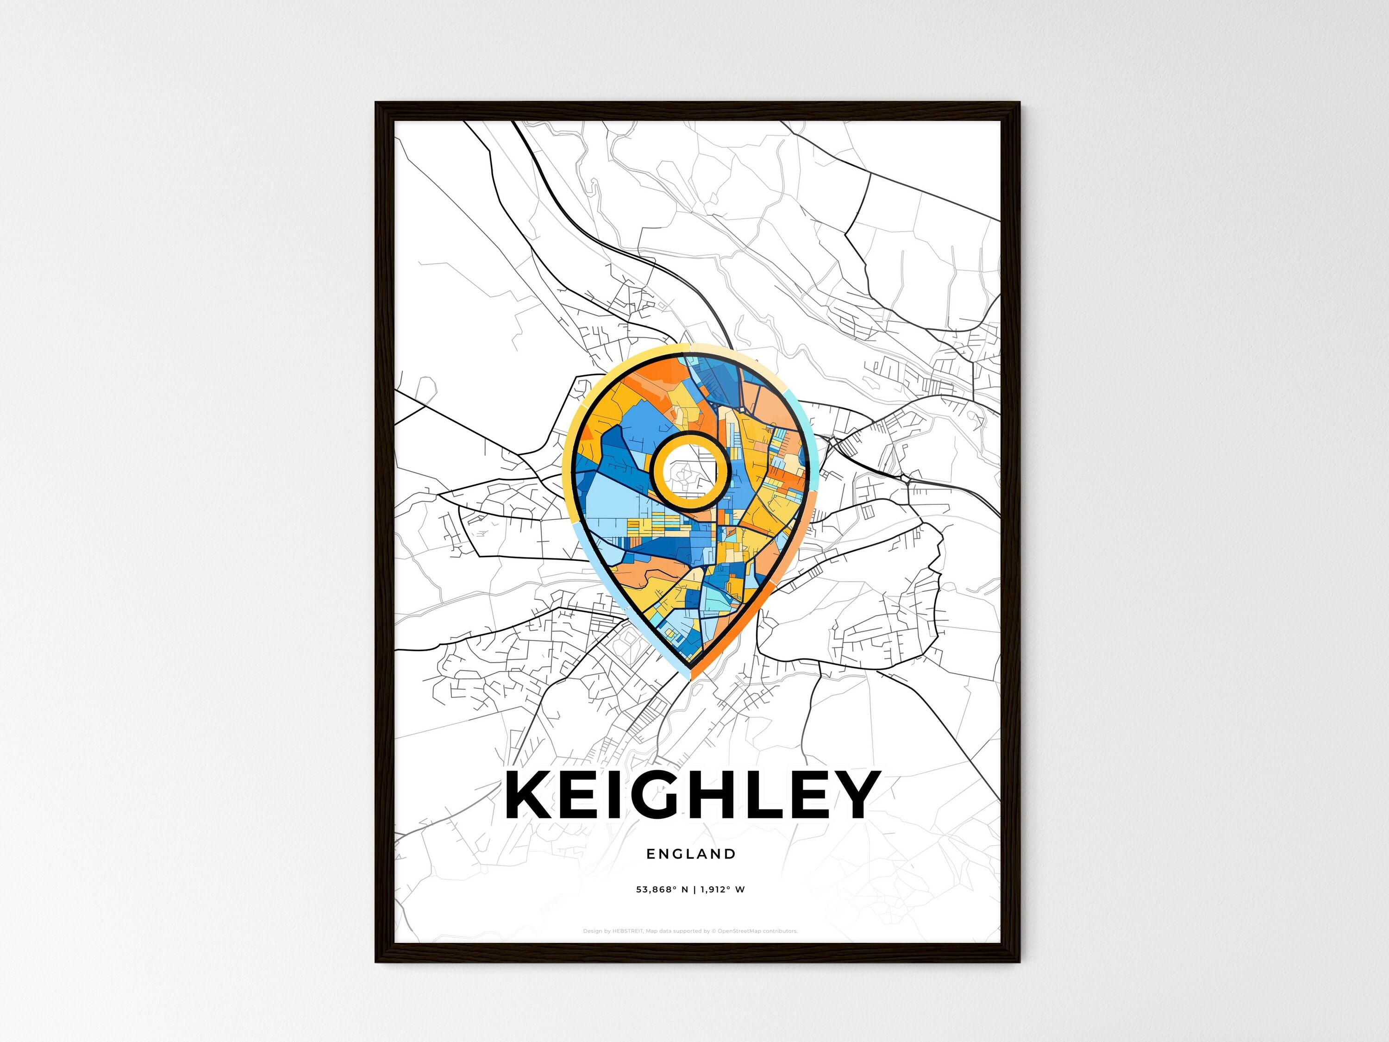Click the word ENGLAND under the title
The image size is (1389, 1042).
click(691, 854)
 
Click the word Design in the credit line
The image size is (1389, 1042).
click(593, 931)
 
